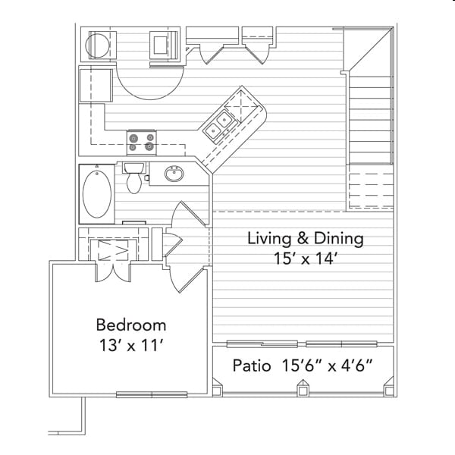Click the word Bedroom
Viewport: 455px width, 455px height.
tap(131, 325)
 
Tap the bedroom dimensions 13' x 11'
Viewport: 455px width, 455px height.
tap(131, 345)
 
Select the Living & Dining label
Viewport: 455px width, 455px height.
tap(306, 239)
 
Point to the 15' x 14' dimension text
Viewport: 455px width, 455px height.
tap(306, 259)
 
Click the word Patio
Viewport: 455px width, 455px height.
tap(252, 366)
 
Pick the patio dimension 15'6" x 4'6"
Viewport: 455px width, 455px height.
tap(327, 366)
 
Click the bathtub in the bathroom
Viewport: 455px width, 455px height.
tap(97, 194)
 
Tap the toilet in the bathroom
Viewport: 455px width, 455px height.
tap(133, 177)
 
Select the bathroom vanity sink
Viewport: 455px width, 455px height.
tap(174, 174)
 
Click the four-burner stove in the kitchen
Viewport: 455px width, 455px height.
tap(142, 143)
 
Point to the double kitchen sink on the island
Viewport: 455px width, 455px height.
tap(218, 125)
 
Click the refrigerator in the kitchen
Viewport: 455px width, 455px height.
tap(96, 85)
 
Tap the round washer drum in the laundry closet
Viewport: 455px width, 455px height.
tap(98, 45)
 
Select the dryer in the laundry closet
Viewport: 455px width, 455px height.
tap(163, 45)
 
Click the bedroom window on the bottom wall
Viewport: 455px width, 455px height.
tap(152, 394)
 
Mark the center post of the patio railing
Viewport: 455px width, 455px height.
tap(303, 388)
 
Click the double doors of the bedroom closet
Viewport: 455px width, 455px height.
tap(113, 272)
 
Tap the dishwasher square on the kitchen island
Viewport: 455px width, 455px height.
tap(241, 107)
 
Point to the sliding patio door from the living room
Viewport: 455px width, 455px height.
tap(302, 344)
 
